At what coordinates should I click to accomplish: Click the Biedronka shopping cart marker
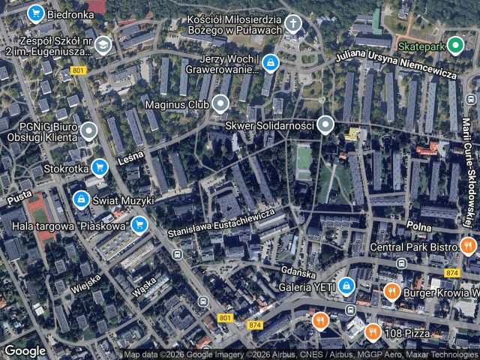click(34, 13)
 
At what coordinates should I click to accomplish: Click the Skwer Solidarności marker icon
click(325, 124)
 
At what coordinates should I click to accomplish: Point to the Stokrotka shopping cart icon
click(99, 168)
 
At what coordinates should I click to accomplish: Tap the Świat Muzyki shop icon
click(79, 199)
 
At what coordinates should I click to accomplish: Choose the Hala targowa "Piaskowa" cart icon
click(139, 224)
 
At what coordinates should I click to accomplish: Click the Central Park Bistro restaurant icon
click(469, 246)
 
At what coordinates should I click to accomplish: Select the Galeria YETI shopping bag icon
click(346, 285)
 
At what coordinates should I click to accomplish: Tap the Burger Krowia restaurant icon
click(391, 291)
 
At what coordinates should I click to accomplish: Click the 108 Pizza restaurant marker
click(372, 331)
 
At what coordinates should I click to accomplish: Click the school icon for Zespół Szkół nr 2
click(102, 46)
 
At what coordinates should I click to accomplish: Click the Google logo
click(25, 350)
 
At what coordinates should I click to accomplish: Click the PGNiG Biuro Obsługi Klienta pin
click(88, 132)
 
